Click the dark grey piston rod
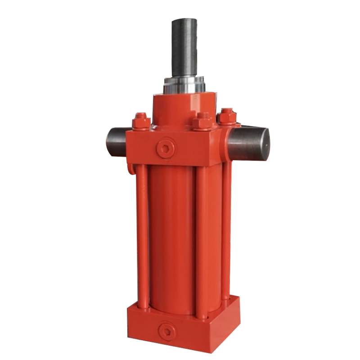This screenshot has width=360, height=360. (x=184, y=49)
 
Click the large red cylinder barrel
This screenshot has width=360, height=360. (x=171, y=234)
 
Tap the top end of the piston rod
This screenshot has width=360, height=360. (x=184, y=21)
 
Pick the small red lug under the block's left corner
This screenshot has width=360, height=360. (x=131, y=169)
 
